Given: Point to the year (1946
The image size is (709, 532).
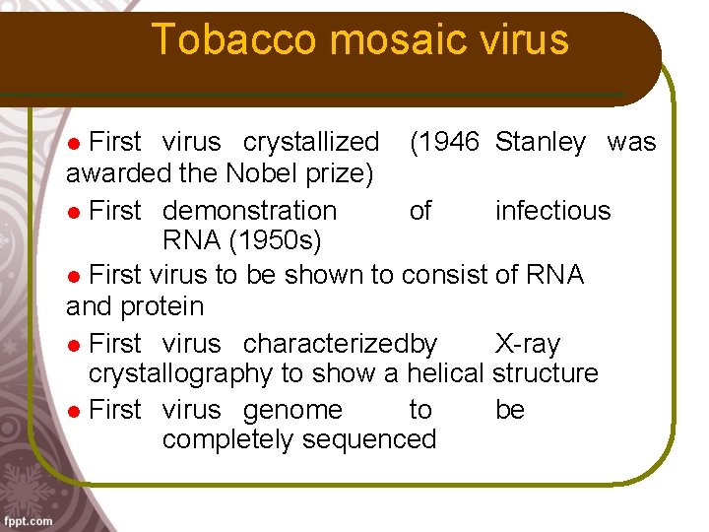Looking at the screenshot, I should point(444,143).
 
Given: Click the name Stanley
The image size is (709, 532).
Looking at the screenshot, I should point(541,143).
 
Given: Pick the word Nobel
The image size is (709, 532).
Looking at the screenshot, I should point(258,174).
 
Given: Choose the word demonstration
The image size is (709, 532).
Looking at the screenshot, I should point(249,211).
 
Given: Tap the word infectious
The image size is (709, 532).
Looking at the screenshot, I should point(552,211).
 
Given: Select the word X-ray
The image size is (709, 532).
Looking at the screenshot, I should point(527,344).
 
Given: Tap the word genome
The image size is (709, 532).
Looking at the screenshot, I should point(292,410).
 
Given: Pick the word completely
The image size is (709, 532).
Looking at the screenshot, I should point(228,439).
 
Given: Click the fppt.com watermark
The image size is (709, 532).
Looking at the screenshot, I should point(28,521).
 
